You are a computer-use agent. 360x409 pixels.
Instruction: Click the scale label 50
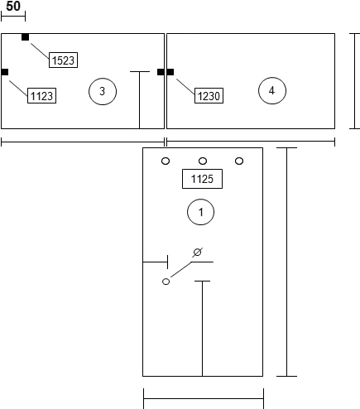(x=13, y=6)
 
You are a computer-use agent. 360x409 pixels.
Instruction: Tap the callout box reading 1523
(x=63, y=60)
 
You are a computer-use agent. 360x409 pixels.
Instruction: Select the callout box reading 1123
(x=41, y=96)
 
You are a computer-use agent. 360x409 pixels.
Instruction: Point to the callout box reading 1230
(x=209, y=96)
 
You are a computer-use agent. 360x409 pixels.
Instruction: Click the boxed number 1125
(x=202, y=179)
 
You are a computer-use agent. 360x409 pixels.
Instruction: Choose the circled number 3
(x=103, y=91)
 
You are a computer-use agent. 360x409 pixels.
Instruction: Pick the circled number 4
(x=272, y=90)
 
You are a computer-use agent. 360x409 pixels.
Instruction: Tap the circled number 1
(x=200, y=212)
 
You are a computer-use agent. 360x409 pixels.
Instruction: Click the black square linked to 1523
(x=25, y=37)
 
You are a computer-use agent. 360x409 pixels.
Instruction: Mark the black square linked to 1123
(x=5, y=72)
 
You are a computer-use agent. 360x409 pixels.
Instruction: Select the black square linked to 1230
(x=170, y=72)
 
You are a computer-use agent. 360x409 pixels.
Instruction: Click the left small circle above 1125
(x=166, y=161)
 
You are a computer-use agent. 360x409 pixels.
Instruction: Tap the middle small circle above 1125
(x=203, y=161)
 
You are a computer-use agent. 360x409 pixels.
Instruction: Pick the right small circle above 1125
(x=239, y=161)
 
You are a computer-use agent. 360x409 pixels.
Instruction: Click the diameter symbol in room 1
(x=197, y=253)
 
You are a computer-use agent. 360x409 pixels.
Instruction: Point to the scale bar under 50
(x=13, y=17)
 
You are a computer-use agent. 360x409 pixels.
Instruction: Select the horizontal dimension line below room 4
(x=251, y=142)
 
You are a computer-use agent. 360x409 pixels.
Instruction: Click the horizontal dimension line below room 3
(x=83, y=142)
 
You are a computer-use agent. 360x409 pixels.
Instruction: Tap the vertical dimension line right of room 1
(x=287, y=262)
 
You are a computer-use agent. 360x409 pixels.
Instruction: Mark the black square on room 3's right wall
(x=161, y=72)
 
